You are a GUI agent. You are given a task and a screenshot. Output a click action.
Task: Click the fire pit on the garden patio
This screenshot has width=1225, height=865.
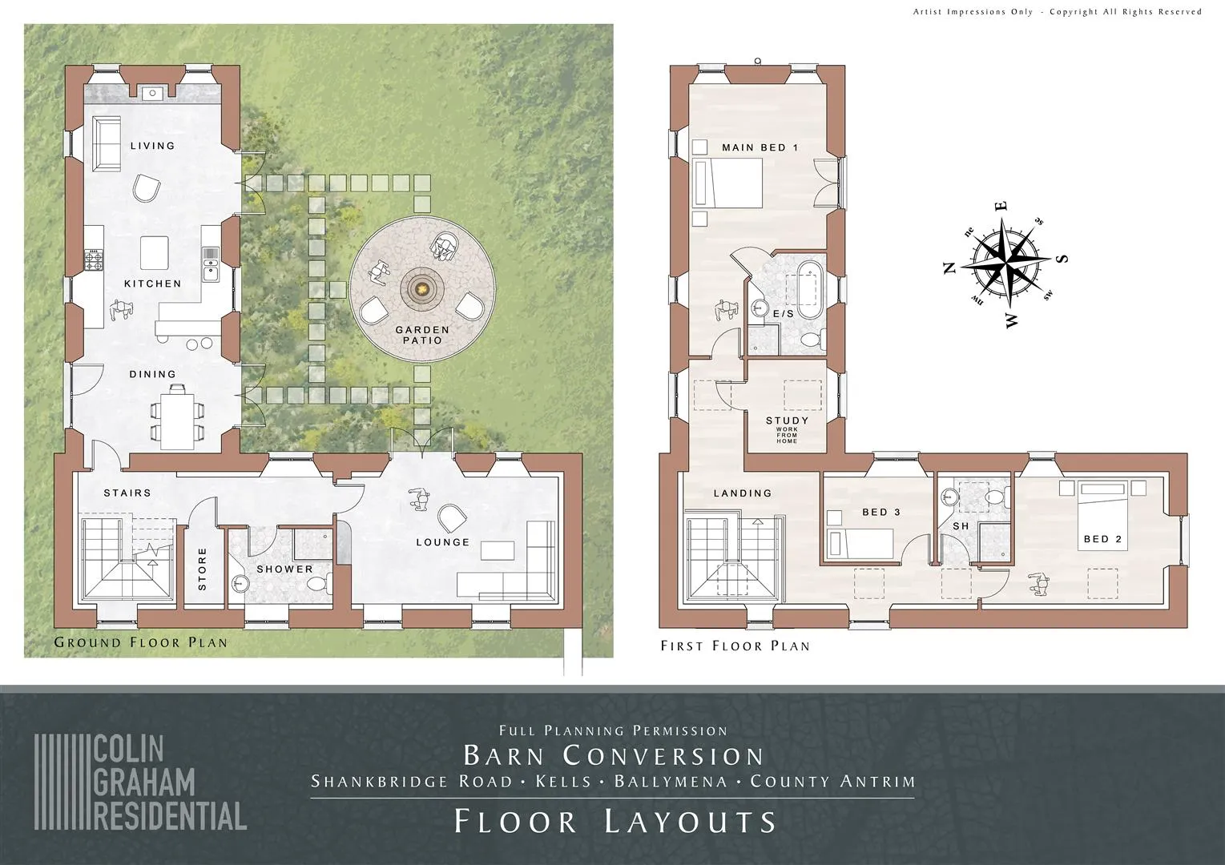422,287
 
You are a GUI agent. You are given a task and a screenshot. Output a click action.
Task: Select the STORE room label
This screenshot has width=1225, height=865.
202,569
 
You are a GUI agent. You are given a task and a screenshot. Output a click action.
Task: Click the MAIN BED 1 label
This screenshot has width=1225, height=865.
760,147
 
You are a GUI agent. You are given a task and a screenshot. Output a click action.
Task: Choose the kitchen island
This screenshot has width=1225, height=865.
154,252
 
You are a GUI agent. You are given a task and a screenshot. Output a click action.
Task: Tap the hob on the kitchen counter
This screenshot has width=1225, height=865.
94,259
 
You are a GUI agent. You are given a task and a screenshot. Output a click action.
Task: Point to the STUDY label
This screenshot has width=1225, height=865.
787,420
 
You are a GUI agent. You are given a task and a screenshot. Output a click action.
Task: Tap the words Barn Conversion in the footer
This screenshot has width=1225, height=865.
614,755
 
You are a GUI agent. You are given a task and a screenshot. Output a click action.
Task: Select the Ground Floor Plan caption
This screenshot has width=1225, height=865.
140,642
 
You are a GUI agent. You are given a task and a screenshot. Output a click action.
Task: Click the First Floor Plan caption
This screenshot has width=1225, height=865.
735,646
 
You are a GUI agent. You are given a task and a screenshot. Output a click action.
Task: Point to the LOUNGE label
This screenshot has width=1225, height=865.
443,542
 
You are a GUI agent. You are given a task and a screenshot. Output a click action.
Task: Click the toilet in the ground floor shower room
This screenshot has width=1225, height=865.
319,584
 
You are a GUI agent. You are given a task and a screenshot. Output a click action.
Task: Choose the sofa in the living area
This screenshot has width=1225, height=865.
106,143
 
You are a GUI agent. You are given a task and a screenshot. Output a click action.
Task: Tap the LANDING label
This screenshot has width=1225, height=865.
743,493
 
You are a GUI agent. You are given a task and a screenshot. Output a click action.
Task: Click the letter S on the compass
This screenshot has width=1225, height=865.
1062,259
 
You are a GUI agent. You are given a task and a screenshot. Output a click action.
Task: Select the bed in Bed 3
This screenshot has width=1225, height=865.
859,543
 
